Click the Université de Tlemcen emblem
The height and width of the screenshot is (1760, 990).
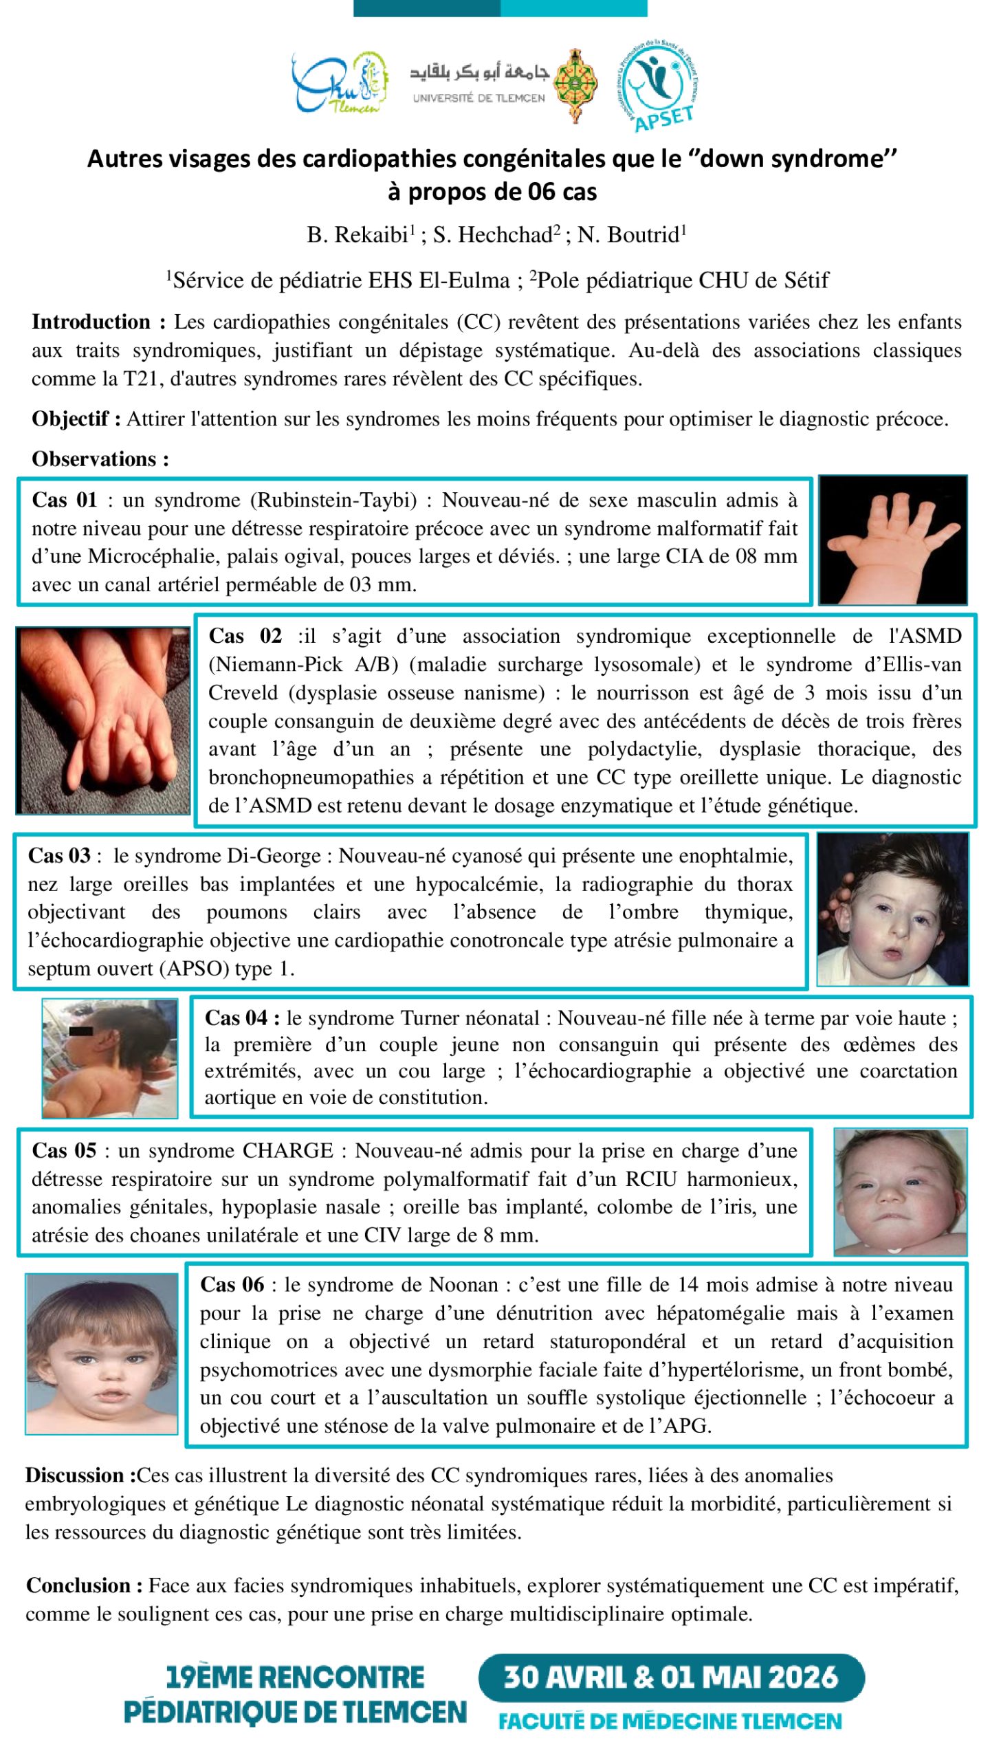pyautogui.click(x=576, y=85)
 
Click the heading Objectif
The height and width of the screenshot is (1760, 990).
pyautogui.click(x=76, y=419)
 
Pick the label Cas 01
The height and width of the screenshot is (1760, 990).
pyautogui.click(x=65, y=500)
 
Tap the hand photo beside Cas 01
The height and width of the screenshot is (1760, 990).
pyautogui.click(x=892, y=540)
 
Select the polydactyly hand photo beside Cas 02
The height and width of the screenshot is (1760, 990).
pyautogui.click(x=103, y=720)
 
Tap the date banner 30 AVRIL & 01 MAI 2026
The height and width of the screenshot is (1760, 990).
pyautogui.click(x=671, y=1677)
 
